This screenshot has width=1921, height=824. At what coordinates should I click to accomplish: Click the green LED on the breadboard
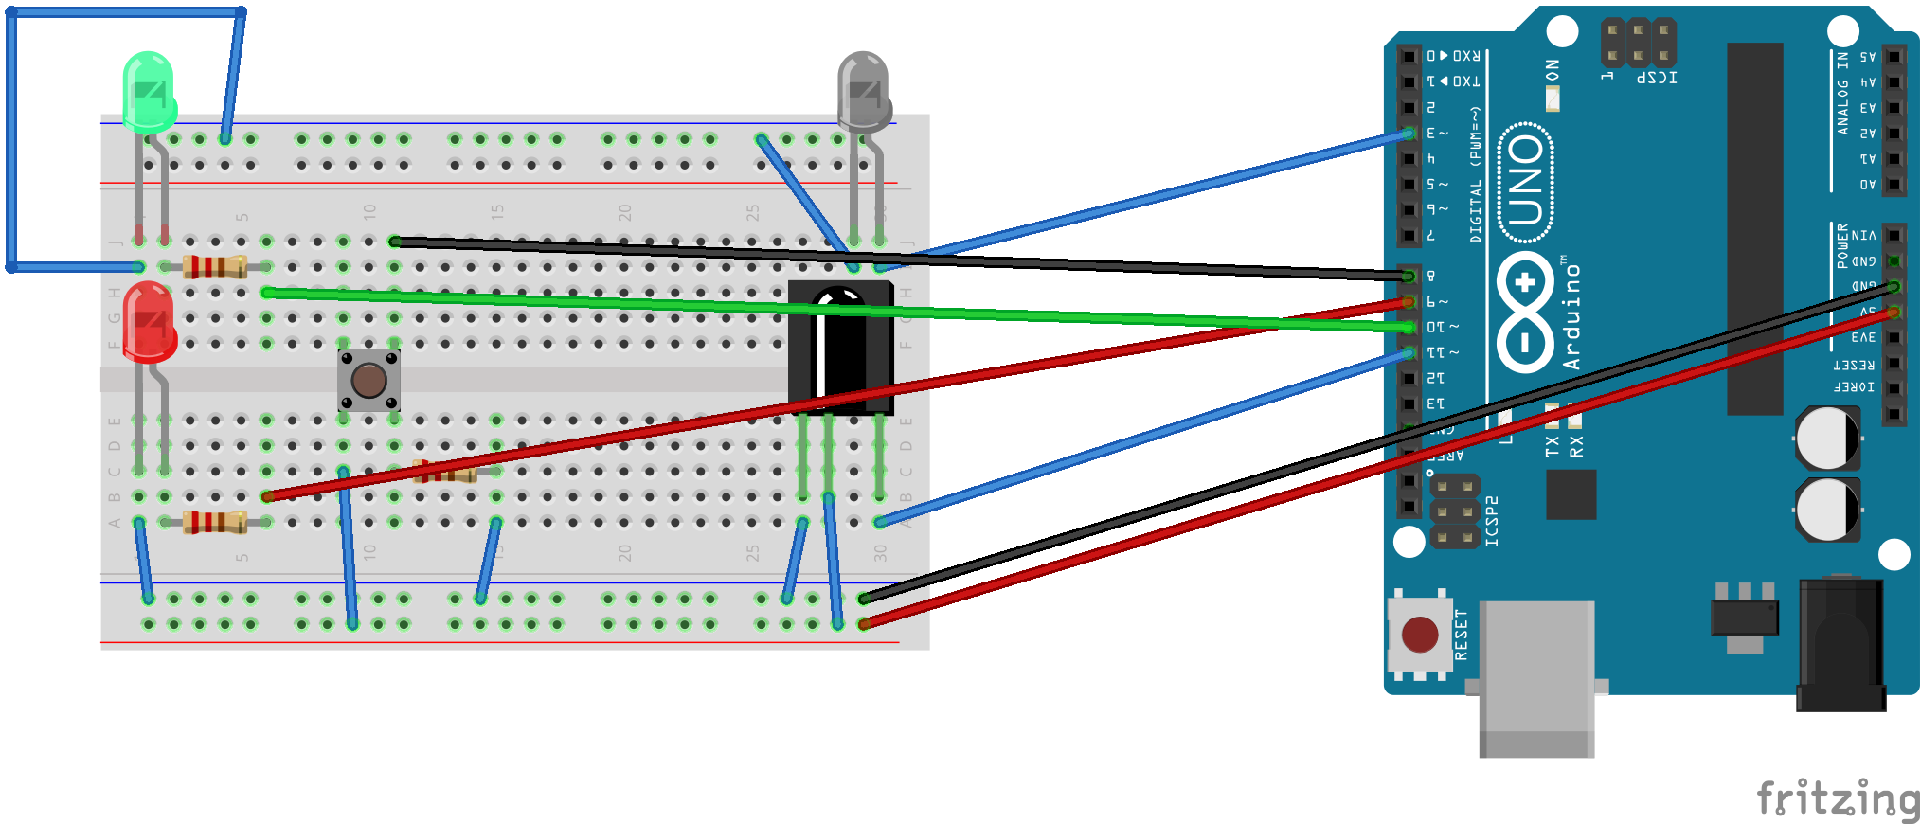149,91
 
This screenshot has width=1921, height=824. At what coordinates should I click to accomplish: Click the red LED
149,322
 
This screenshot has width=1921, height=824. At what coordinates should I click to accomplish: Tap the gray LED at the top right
863,91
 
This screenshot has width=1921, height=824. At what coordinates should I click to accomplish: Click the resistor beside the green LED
215,267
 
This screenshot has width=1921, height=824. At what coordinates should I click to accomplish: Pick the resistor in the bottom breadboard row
215,522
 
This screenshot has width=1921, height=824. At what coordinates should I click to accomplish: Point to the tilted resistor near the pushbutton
445,471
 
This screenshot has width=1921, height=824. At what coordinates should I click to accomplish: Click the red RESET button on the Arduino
1419,635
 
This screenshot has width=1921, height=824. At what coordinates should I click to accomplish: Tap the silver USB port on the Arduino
1536,677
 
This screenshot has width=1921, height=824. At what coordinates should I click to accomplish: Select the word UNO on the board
1525,180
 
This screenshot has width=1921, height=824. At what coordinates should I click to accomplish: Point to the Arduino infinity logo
1525,313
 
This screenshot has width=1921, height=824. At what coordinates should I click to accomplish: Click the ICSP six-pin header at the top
1638,44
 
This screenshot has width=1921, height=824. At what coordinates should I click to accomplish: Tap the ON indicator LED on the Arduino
1553,98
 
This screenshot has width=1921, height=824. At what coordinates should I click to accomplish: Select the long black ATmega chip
1754,227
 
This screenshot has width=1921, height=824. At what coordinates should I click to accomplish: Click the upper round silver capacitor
1827,438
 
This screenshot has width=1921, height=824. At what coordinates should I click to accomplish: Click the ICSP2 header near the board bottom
1454,512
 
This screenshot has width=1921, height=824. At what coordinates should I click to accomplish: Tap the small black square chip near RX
1571,493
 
